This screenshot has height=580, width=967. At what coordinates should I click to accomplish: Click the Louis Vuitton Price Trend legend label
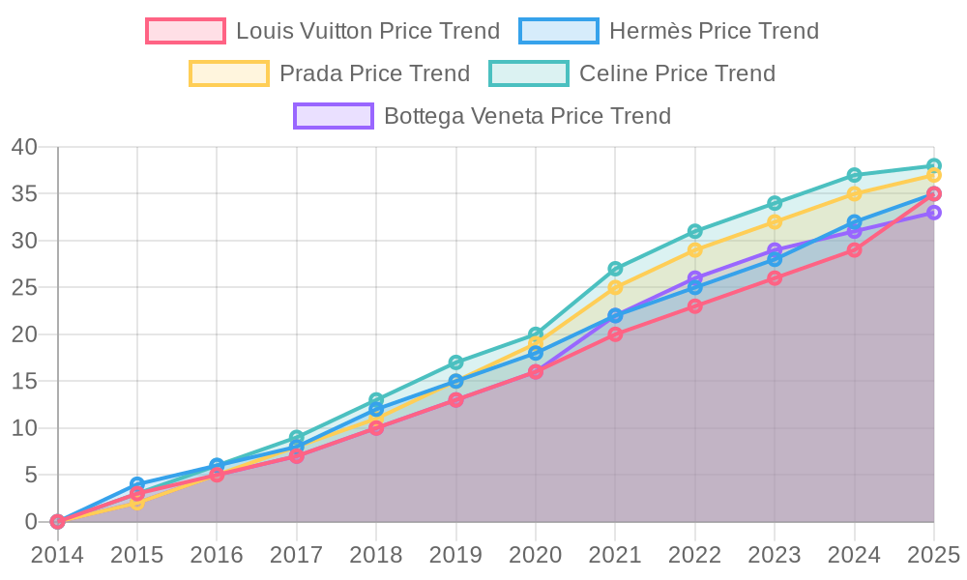[367, 31]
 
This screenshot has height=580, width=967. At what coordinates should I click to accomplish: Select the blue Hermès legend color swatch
[558, 31]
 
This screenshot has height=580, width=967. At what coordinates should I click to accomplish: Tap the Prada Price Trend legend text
[374, 73]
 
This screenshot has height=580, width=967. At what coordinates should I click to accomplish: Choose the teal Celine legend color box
[529, 73]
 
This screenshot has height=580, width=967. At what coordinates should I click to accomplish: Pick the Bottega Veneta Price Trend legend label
[527, 116]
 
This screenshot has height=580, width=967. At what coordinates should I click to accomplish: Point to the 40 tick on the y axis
[24, 147]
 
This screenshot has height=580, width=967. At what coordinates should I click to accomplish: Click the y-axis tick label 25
[24, 287]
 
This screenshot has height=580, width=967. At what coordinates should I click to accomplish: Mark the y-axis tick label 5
[31, 475]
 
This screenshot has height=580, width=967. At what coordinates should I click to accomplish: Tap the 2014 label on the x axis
[57, 555]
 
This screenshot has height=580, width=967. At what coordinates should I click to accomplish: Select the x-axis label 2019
[455, 555]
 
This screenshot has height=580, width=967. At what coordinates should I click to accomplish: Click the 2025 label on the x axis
[932, 555]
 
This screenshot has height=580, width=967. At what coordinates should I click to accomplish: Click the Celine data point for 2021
[615, 269]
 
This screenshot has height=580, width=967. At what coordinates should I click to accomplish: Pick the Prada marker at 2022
[695, 250]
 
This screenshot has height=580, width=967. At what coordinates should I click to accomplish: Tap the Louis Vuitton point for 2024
[854, 250]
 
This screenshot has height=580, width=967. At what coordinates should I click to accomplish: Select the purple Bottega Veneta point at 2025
[934, 213]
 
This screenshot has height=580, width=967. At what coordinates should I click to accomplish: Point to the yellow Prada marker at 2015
[137, 503]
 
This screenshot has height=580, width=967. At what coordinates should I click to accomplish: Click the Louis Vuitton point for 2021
[615, 334]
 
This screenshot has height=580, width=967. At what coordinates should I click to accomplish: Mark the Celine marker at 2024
[854, 176]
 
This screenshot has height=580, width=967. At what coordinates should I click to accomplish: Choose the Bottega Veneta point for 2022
[695, 278]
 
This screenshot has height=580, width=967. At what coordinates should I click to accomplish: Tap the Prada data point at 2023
[775, 222]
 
